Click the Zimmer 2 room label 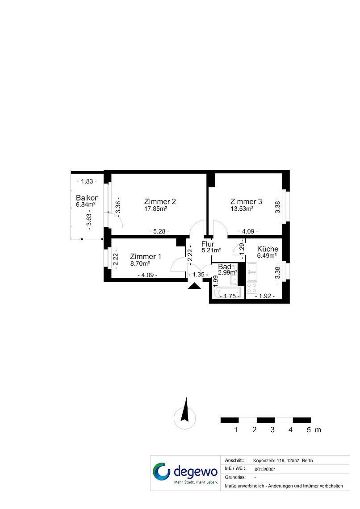click(160, 201)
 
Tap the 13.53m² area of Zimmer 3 click(242, 209)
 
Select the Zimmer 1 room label click(146, 256)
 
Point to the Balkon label click(88, 198)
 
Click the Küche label click(268, 249)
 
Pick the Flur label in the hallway click(208, 244)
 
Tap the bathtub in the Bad click(227, 292)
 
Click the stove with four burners click(252, 288)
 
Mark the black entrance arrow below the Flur click(194, 286)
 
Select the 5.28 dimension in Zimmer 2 click(159, 231)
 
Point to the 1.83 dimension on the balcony click(87, 181)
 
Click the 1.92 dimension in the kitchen click(265, 296)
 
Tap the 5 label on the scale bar click(309, 430)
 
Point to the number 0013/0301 click(265, 469)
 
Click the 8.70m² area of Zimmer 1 click(140, 263)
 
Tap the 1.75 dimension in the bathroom click(230, 296)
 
